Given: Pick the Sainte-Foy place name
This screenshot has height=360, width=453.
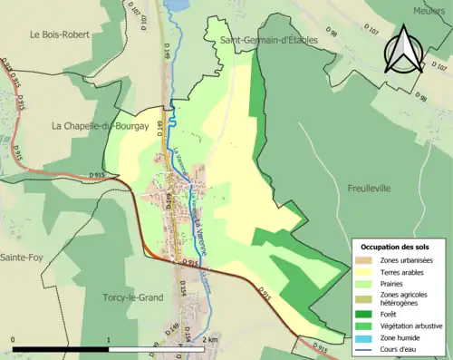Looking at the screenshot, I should click(x=24, y=258).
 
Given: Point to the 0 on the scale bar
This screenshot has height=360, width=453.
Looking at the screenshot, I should click(x=14, y=340).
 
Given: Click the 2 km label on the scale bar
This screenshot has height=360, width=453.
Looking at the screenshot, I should click(x=211, y=340).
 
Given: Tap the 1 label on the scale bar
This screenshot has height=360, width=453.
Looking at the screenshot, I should click(x=109, y=340).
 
